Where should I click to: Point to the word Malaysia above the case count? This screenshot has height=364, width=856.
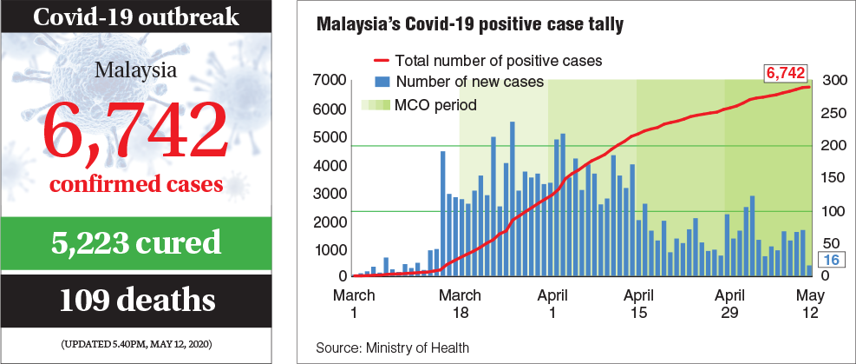tap(138, 69)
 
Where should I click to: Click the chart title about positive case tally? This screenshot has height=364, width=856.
tap(469, 25)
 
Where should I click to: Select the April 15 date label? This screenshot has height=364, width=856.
tap(638, 303)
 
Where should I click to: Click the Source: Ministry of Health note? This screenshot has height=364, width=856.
tap(393, 347)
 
